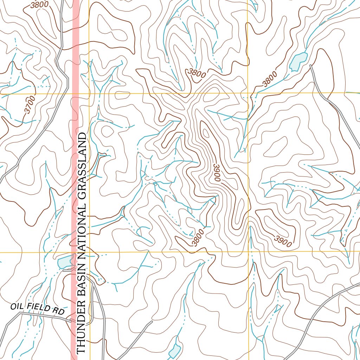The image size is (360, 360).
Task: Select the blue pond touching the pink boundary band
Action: point(65,262)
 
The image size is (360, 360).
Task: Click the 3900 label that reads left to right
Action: point(283,242)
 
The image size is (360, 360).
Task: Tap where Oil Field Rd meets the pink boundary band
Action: point(74,320)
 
